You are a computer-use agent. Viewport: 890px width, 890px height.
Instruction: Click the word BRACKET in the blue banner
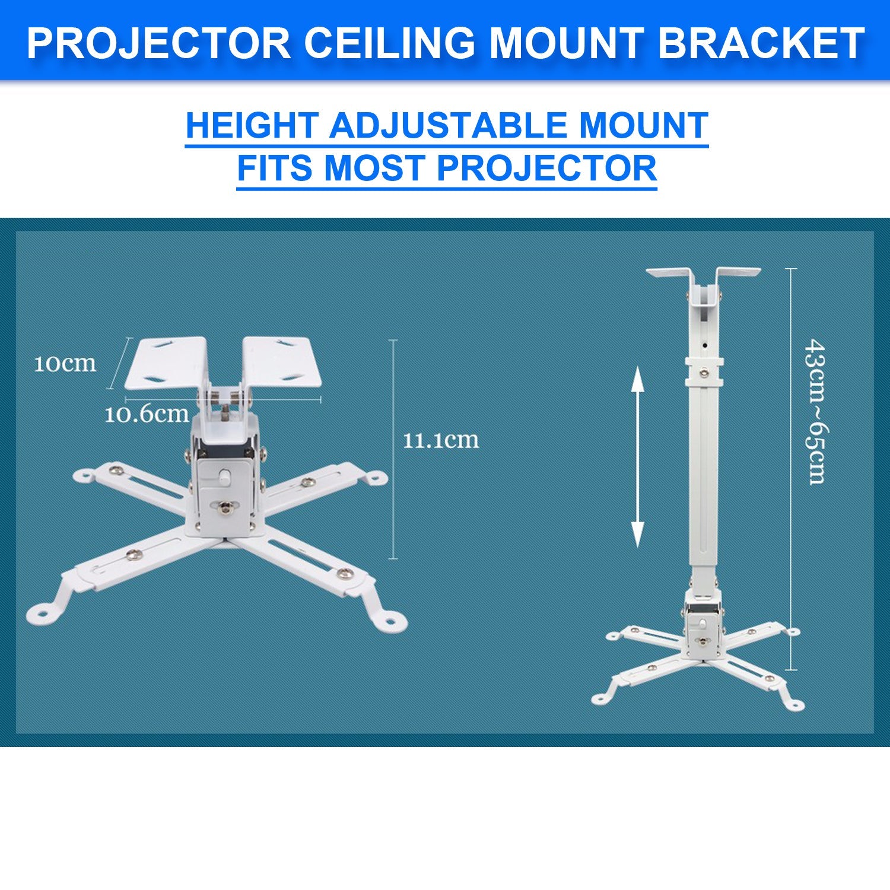click(761, 43)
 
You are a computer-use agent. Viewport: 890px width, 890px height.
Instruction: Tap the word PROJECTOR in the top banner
click(158, 43)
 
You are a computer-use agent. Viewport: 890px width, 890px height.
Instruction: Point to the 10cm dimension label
click(65, 364)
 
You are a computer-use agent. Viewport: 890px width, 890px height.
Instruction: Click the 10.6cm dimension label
click(146, 414)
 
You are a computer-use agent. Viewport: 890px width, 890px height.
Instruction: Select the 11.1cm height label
click(440, 440)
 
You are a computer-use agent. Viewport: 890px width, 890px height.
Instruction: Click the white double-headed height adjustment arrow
click(637, 456)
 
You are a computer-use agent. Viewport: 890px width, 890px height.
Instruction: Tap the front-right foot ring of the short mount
click(390, 621)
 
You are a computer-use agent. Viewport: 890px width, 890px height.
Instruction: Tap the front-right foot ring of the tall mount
click(793, 704)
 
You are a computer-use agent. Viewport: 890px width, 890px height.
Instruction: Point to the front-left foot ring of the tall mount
click(602, 698)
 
